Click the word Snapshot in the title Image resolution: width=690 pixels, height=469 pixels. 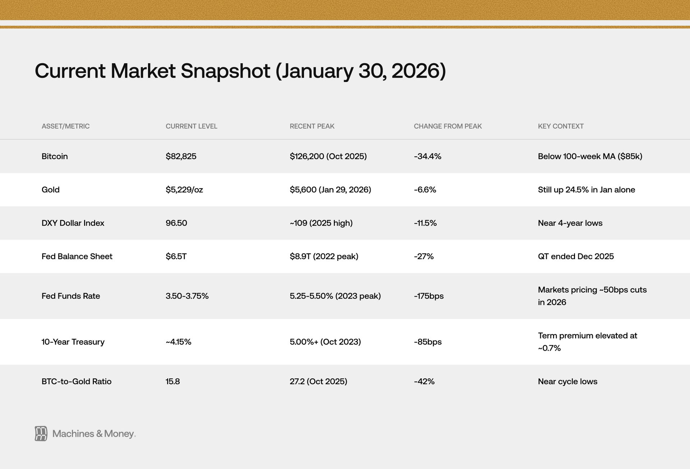pos(225,71)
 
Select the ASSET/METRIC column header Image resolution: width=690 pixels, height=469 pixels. pos(65,126)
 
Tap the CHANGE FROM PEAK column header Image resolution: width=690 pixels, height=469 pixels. pos(448,126)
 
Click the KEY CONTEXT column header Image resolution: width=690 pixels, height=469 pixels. pos(561,126)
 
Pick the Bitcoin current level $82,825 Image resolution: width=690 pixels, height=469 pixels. pos(181,156)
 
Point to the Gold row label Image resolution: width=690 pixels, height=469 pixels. pos(51,190)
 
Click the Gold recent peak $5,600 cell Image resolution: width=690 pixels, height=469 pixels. pos(330,190)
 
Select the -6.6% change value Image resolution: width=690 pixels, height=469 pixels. pos(425,190)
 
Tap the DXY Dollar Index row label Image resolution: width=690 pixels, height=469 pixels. pos(73,223)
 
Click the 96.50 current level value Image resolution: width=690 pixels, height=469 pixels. pos(176,223)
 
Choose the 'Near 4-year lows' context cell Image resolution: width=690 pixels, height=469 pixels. pos(570,223)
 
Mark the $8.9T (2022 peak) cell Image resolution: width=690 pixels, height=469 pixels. pos(324,257)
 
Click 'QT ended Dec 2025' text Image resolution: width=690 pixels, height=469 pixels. pos(576,257)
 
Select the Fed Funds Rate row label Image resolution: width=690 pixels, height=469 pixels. pos(71,296)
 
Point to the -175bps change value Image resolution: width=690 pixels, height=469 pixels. pos(429,296)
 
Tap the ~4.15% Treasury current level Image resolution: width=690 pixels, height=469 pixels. pos(179,342)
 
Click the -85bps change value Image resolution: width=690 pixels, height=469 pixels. pos(428,342)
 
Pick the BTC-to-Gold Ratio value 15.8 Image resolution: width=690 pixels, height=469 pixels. pos(173,382)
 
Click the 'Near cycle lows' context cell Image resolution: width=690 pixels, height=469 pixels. pos(567,382)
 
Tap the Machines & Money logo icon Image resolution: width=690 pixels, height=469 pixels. pos(41,434)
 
